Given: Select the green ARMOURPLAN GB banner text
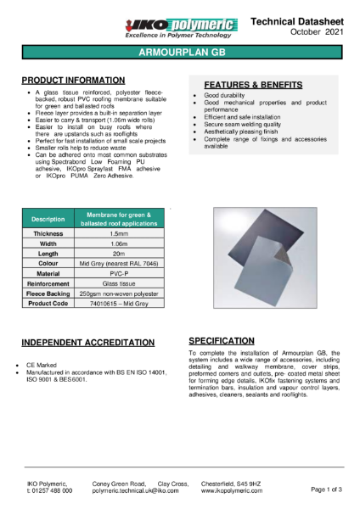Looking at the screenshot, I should pos(179,52).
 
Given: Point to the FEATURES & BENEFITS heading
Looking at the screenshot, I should pos(252,87).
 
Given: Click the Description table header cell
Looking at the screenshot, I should pos(48,219).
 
